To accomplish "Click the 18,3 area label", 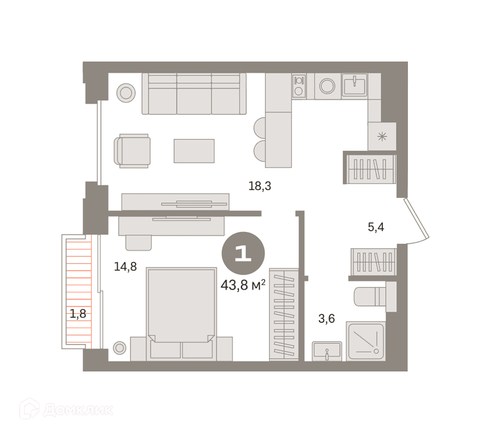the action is pyautogui.click(x=260, y=186).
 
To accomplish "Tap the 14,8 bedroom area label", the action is pyautogui.click(x=125, y=267).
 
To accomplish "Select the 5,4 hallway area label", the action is pyautogui.click(x=376, y=227).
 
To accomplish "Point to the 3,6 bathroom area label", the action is pyautogui.click(x=327, y=318).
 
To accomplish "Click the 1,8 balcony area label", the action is pyautogui.click(x=78, y=313).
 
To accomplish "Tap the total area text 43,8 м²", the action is pyautogui.click(x=243, y=285).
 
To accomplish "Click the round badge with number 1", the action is pyautogui.click(x=244, y=253).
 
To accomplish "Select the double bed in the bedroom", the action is pyautogui.click(x=181, y=314).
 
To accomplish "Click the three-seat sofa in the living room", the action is pyautogui.click(x=194, y=94).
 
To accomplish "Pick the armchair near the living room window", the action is pyautogui.click(x=132, y=151).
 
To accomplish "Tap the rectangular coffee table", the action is pyautogui.click(x=194, y=151).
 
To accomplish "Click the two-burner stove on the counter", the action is pyautogui.click(x=299, y=86).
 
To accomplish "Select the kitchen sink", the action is pyautogui.click(x=354, y=86).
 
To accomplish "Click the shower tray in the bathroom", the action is pyautogui.click(x=366, y=341).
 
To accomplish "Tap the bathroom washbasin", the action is pyautogui.click(x=327, y=351).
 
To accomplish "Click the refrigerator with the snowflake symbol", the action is pyautogui.click(x=382, y=137).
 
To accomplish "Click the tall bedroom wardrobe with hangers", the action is pyautogui.click(x=284, y=314).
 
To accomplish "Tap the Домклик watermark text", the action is pyautogui.click(x=79, y=410).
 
